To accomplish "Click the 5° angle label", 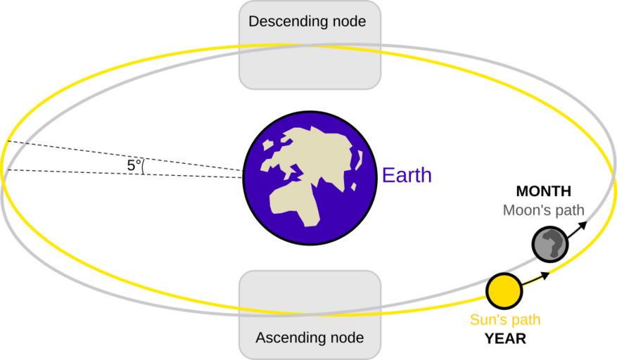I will (x=134, y=166).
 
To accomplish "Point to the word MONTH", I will (x=543, y=191).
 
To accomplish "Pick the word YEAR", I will (x=506, y=339).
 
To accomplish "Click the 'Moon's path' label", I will (x=544, y=210).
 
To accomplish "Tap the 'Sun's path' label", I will (x=505, y=321).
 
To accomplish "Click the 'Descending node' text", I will (x=307, y=22).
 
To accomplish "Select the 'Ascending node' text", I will (x=310, y=338).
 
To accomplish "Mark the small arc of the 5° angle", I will (x=143, y=167).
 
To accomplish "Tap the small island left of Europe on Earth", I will (x=268, y=146).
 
